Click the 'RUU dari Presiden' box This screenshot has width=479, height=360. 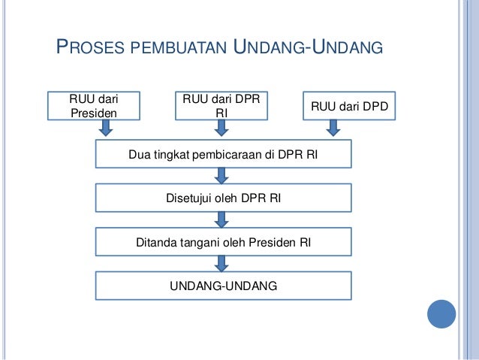click(x=94, y=106)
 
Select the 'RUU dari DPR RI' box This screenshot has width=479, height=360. click(x=221, y=105)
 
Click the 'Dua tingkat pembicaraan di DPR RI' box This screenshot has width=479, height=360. click(x=223, y=156)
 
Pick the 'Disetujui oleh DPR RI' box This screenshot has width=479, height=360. click(x=223, y=198)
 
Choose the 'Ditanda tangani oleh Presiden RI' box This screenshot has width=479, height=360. click(x=223, y=243)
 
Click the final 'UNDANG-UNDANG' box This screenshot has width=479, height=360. click(x=223, y=286)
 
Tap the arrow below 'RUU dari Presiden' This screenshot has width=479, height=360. click(x=106, y=130)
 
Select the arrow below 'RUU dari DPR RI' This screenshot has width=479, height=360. click(x=221, y=130)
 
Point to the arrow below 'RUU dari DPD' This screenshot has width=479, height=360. click(x=334, y=130)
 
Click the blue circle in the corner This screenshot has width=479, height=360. click(x=441, y=313)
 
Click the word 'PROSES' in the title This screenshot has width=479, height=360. click(x=92, y=50)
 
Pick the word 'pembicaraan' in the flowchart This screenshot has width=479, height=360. click(x=224, y=156)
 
